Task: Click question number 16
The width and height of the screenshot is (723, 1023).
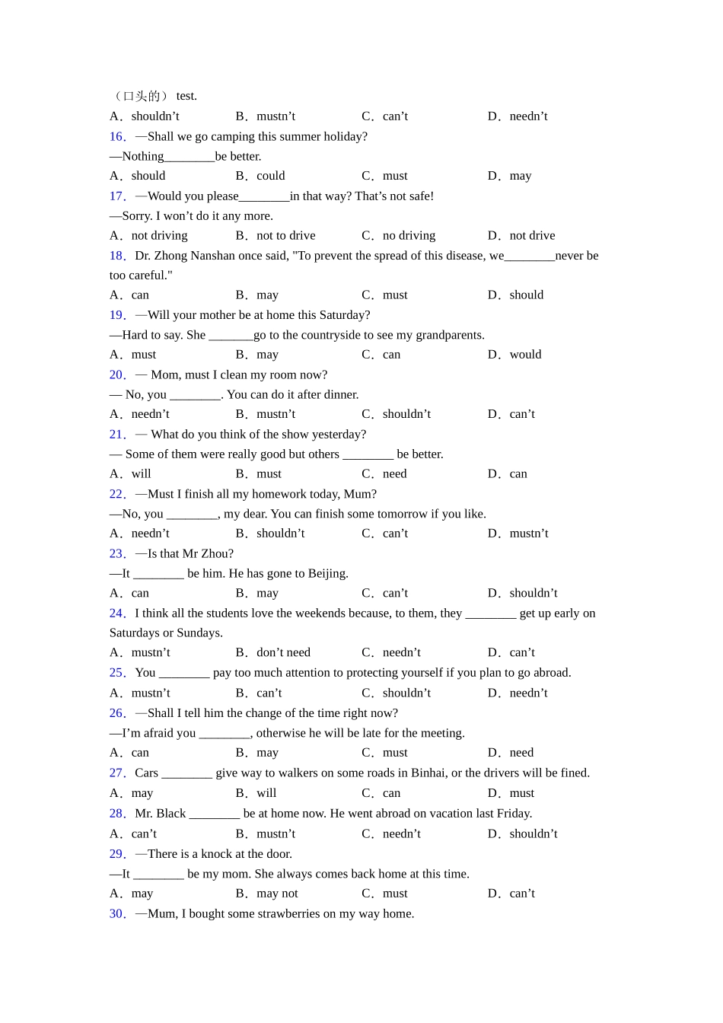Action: click(x=117, y=136)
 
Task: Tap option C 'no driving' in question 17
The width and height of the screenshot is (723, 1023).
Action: click(x=409, y=235)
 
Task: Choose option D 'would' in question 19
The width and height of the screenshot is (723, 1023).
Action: click(x=525, y=355)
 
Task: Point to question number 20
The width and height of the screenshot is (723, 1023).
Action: click(x=117, y=374)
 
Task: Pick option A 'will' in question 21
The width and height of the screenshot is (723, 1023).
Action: click(x=141, y=473)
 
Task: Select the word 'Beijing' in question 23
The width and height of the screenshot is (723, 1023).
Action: click(x=326, y=573)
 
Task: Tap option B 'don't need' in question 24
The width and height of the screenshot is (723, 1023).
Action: click(x=283, y=652)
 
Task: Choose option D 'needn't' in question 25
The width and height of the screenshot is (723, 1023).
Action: click(x=528, y=693)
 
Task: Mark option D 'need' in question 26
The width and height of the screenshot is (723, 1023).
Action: click(x=521, y=753)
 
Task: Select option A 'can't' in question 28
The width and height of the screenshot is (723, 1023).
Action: click(x=144, y=833)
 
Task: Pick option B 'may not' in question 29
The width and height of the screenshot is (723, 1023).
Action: click(x=277, y=894)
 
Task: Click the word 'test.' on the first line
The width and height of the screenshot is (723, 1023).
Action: click(x=186, y=96)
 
